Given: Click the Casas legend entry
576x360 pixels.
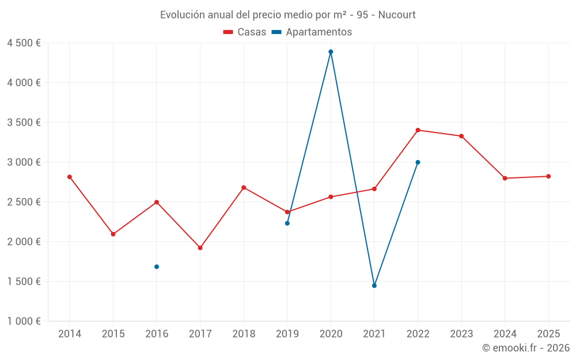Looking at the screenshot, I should pos(245,32).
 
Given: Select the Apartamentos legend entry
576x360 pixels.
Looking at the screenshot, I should pos(312,32).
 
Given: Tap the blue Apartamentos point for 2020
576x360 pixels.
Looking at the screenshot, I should pos(331,52).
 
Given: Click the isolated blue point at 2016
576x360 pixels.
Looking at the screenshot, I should pos(157,267).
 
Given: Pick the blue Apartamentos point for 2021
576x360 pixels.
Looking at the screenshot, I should pos(374,286).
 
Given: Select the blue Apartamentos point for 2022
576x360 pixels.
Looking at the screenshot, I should pos(418,162).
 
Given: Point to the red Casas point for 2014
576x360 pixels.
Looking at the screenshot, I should pos(70,177).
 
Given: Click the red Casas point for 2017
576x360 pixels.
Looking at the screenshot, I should pos(200,248).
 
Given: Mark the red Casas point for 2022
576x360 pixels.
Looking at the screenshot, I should pos(418,130).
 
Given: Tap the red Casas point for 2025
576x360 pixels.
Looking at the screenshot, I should pos(548,176).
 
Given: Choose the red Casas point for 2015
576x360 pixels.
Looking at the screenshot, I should pos(113,234).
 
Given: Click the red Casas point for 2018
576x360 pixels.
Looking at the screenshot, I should pos(244,188).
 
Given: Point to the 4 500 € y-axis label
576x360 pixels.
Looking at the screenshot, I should pos(24,43).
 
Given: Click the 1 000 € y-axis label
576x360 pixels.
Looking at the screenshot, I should pos(24,321).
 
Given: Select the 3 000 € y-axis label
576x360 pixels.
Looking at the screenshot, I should pos(24,162).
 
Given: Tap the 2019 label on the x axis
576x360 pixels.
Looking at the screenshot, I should pos(287,334).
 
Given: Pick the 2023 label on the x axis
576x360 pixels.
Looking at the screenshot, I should pos(461,334).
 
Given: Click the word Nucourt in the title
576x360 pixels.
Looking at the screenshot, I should pos(397,15).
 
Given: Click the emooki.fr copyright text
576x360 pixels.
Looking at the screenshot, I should pos(526,348).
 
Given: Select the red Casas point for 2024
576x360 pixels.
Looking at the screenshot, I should pos(505,178).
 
